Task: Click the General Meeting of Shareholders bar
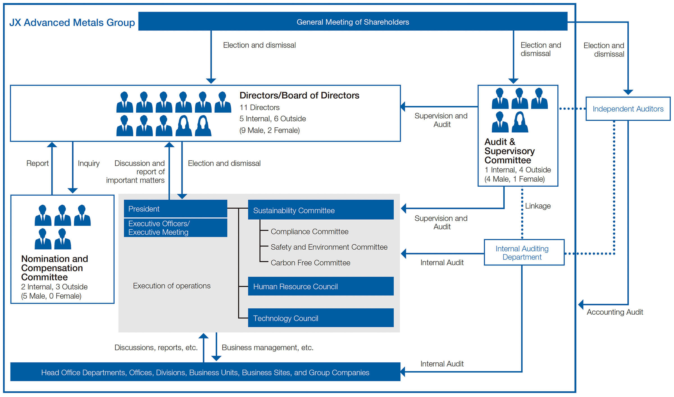click(x=353, y=21)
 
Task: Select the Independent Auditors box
click(x=628, y=109)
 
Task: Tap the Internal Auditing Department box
click(x=524, y=252)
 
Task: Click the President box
click(x=176, y=209)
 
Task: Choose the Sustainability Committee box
click(x=321, y=210)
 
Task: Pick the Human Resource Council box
click(x=321, y=286)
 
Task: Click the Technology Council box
click(x=321, y=318)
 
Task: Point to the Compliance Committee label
click(x=309, y=231)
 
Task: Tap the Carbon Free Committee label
click(x=310, y=263)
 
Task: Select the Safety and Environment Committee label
click(x=329, y=247)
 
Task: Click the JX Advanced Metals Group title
click(x=72, y=22)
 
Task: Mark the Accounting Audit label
click(x=615, y=312)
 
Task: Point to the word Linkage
click(x=538, y=206)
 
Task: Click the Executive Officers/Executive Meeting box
click(x=176, y=228)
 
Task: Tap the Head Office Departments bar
click(x=205, y=372)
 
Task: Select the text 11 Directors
click(x=259, y=107)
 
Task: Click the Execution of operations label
click(x=172, y=286)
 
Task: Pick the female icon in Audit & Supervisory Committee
click(x=520, y=122)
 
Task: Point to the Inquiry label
click(x=89, y=163)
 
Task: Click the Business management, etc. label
click(x=267, y=348)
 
